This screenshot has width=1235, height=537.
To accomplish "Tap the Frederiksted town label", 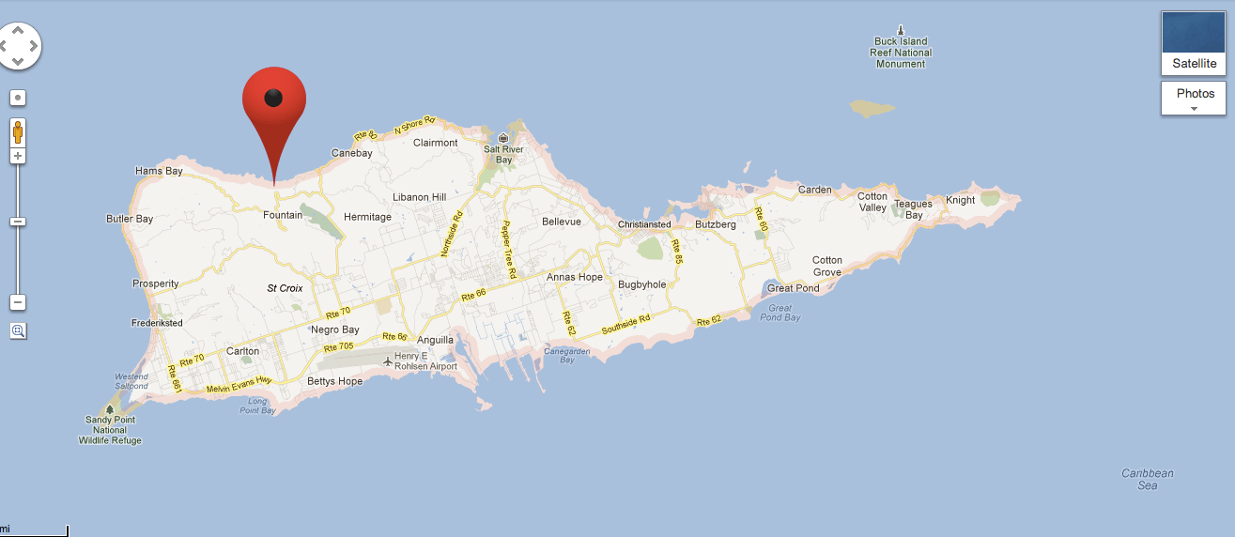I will (157, 323).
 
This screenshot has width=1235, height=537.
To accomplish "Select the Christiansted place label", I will (644, 224).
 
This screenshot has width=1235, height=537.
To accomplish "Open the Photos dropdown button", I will (1194, 98).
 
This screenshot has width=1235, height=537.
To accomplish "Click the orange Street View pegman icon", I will (18, 131).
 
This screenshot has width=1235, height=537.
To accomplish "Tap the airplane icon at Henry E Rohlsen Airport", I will (388, 361).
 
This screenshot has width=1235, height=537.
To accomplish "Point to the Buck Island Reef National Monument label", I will (900, 53).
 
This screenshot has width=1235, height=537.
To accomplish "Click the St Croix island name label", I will (285, 288).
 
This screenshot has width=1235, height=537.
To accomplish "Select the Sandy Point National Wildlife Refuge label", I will (110, 430).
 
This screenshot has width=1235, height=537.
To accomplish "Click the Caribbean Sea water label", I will (1147, 479).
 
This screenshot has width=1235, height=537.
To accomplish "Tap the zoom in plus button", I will (18, 156).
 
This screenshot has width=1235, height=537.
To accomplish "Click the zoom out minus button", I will (18, 302).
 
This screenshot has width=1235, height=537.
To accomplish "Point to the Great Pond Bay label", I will (780, 313).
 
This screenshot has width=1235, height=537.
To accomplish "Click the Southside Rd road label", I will (626, 326).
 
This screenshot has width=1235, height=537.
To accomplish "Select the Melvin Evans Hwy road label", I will (239, 383).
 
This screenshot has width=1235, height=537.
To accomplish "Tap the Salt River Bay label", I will (503, 154).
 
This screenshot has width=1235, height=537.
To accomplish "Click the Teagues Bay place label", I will (913, 209).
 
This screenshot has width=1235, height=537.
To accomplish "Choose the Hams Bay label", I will (159, 171).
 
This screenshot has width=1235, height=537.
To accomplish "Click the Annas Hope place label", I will (575, 277).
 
